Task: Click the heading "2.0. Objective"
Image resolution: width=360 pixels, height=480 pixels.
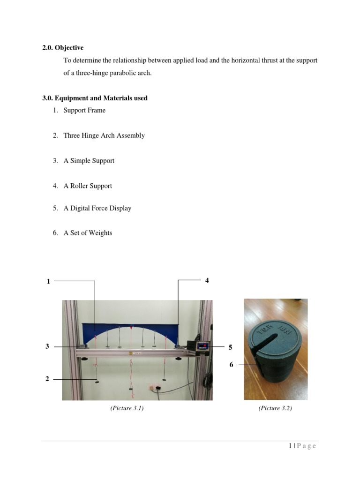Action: pyautogui.click(x=63, y=48)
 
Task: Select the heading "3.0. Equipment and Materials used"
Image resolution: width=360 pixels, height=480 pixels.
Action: pyautogui.click(x=95, y=98)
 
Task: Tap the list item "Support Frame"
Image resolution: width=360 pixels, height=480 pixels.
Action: pyautogui.click(x=84, y=110)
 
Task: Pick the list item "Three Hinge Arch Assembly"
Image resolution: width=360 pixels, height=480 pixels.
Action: pyautogui.click(x=104, y=135)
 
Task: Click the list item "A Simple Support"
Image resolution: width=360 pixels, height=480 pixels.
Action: pyautogui.click(x=89, y=161)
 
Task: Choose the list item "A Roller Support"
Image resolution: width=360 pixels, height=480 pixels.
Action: pyautogui.click(x=88, y=186)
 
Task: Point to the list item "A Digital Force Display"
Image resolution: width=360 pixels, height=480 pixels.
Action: pyautogui.click(x=97, y=208)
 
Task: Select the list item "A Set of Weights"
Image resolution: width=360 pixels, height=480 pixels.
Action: pyautogui.click(x=88, y=233)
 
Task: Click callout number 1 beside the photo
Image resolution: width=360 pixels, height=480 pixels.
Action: pyautogui.click(x=48, y=281)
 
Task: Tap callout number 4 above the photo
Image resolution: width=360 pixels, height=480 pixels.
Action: pyautogui.click(x=207, y=280)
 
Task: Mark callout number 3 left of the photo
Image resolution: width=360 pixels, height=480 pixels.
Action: pyautogui.click(x=47, y=346)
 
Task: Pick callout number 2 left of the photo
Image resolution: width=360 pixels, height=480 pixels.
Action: pyautogui.click(x=47, y=379)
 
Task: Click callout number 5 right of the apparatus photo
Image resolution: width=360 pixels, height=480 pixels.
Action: pyautogui.click(x=230, y=347)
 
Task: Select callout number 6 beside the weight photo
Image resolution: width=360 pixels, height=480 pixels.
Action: pyautogui.click(x=231, y=364)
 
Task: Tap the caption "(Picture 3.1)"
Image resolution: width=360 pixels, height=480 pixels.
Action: pyautogui.click(x=127, y=408)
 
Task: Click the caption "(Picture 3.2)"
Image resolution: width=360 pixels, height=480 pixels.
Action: pyautogui.click(x=275, y=408)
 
